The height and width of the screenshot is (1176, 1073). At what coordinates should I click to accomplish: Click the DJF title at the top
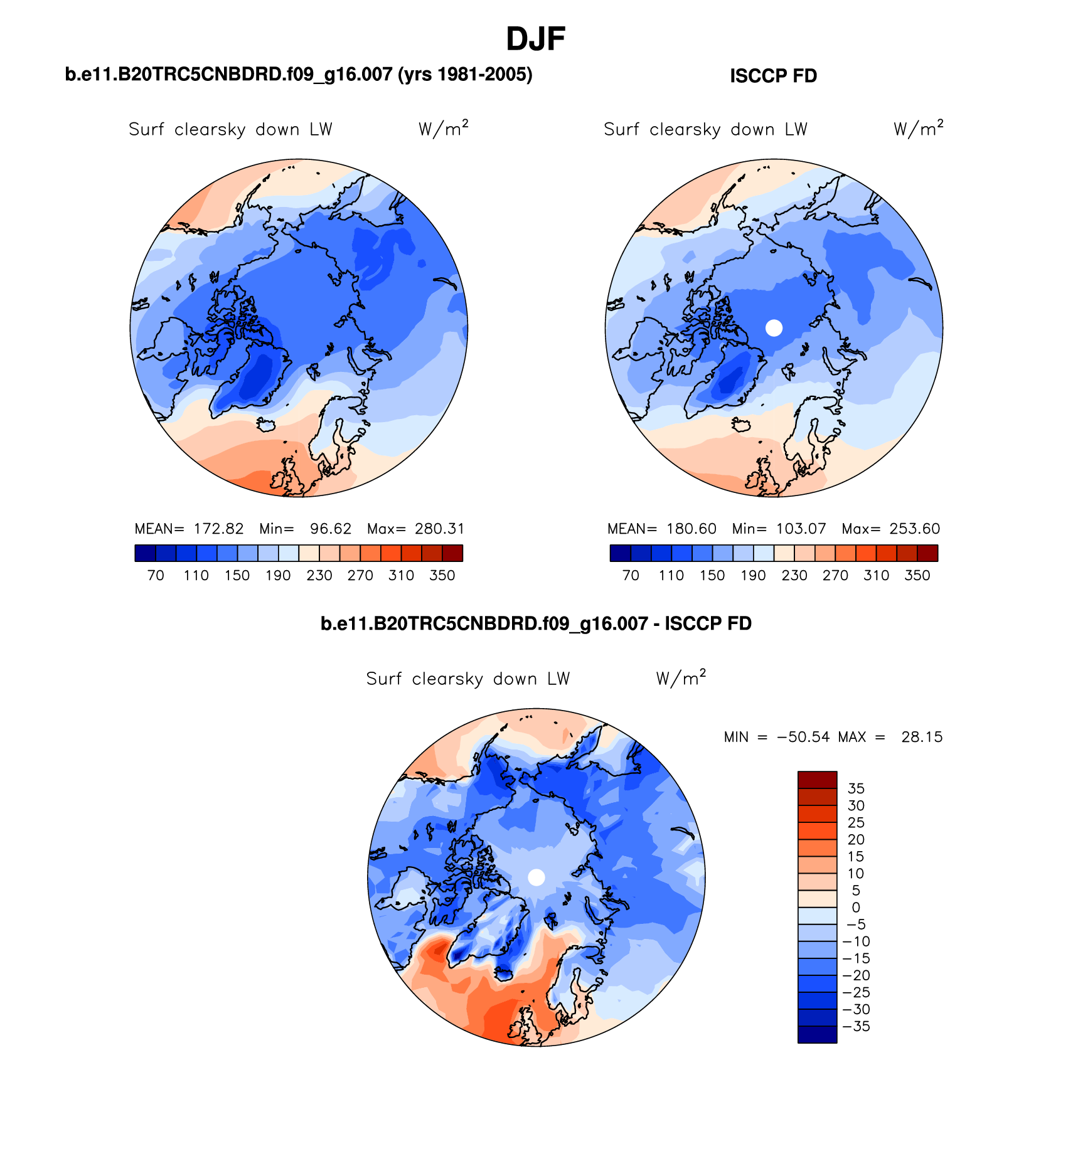[x=535, y=39]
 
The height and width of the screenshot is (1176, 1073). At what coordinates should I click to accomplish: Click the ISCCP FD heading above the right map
[x=773, y=76]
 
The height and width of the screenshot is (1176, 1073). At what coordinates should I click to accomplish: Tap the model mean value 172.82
[x=218, y=529]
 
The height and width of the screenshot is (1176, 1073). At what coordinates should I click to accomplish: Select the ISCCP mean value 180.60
[x=691, y=529]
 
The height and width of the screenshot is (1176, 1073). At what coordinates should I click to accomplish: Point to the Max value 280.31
[x=439, y=529]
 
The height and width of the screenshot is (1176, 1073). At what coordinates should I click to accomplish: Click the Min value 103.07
[x=801, y=529]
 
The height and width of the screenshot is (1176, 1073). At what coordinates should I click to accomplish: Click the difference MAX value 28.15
[x=922, y=737]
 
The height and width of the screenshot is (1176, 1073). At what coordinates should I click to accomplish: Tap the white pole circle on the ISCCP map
[x=774, y=327]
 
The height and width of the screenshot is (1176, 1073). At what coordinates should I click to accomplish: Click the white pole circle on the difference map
[x=536, y=877]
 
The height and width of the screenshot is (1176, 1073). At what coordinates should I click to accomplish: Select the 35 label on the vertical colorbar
[x=856, y=789]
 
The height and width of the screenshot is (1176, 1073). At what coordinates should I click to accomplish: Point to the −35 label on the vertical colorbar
[x=857, y=1027]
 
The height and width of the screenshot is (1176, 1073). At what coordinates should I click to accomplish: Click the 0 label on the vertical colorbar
[x=856, y=908]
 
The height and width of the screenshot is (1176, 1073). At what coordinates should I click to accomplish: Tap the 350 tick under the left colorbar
[x=442, y=576]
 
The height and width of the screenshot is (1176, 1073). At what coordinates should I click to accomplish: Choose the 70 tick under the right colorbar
[x=631, y=576]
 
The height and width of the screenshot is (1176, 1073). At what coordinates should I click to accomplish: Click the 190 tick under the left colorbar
[x=278, y=576]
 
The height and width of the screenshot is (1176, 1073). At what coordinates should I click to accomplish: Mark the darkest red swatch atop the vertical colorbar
[x=817, y=780]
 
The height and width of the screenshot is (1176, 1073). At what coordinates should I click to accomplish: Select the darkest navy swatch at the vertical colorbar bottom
[x=817, y=1035]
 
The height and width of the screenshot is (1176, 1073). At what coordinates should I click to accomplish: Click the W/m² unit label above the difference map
[x=681, y=678]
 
